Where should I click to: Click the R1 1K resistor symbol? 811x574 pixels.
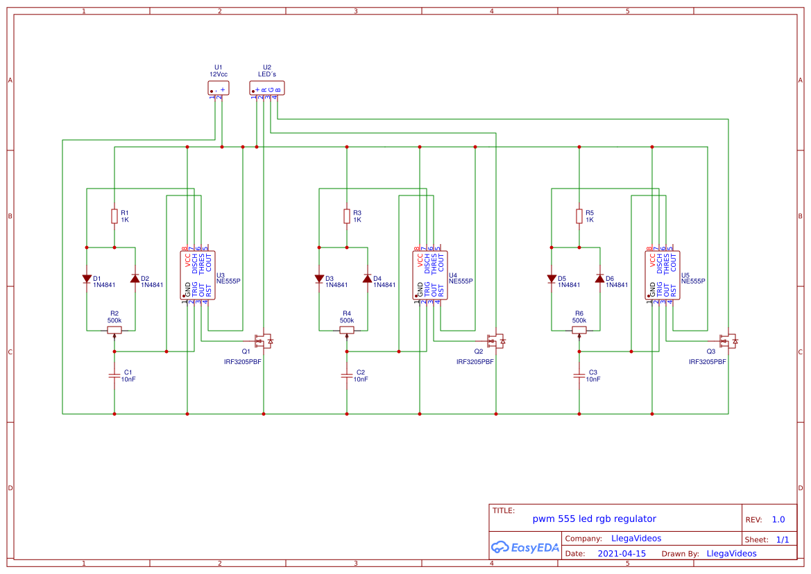click(114, 216)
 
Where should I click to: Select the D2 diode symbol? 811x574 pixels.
click(135, 279)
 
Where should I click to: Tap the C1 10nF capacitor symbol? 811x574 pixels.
click(114, 376)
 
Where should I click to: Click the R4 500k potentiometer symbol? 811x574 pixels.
click(347, 330)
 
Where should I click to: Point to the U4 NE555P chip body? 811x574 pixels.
click(430, 276)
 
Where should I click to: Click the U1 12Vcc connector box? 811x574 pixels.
click(219, 88)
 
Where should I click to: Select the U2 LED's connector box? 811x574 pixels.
click(267, 88)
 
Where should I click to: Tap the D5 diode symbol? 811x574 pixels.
click(552, 279)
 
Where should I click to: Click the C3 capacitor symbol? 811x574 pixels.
click(579, 376)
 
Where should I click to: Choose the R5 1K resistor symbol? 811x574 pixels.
click(579, 216)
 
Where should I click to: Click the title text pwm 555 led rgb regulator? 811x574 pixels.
click(594, 519)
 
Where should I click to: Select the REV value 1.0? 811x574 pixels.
click(778, 519)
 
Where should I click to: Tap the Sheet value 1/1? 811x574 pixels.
click(782, 539)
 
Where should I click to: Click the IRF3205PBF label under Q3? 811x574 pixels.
click(707, 362)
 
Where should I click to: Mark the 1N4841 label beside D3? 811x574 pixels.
click(336, 285)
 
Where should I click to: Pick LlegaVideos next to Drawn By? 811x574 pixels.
click(731, 553)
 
